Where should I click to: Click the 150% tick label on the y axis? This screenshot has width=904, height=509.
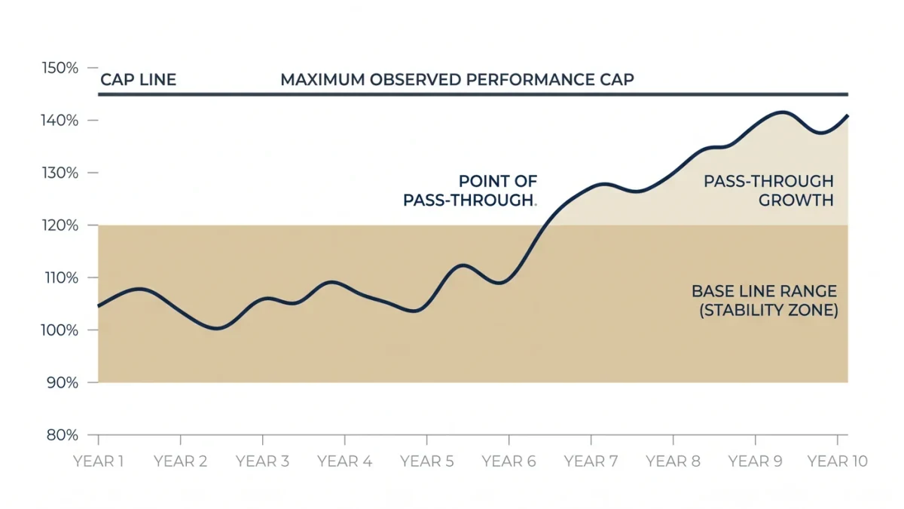(60, 68)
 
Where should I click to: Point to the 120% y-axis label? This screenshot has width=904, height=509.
(60, 225)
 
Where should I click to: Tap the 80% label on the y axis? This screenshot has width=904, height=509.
(62, 435)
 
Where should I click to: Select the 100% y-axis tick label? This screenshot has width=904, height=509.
(60, 330)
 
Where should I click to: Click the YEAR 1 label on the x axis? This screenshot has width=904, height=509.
(98, 461)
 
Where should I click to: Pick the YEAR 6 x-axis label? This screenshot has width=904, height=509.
(509, 461)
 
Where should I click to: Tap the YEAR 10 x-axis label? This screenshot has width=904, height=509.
(838, 461)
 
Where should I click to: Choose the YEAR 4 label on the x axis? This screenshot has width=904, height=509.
(345, 461)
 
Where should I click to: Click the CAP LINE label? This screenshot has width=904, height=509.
(138, 80)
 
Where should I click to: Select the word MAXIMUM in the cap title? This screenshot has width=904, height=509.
(323, 80)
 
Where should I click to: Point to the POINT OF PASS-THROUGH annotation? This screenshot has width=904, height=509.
(470, 191)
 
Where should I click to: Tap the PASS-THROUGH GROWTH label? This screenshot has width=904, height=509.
(769, 191)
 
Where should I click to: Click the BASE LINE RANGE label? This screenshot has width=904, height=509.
(765, 291)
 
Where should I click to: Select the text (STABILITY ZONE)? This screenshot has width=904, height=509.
(768, 310)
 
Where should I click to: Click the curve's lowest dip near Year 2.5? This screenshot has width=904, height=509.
(217, 328)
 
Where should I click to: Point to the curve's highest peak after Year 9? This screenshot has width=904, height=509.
(782, 112)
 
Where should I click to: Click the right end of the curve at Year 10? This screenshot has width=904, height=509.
(847, 116)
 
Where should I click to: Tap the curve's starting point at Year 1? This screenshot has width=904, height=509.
(99, 306)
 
